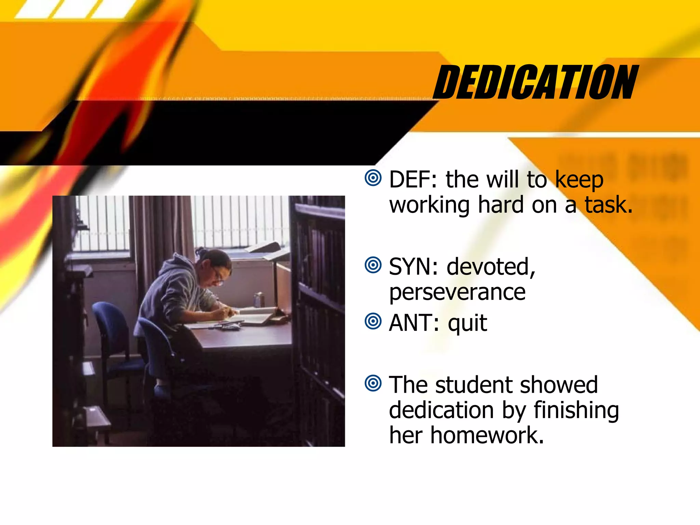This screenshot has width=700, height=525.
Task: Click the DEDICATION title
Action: pos(535,82)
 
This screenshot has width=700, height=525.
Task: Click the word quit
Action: pos(467,323)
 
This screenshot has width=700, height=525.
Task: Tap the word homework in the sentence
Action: pos(487,435)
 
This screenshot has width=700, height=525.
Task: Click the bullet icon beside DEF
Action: pos(373,178)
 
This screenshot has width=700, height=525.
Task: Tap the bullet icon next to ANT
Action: pos(373,321)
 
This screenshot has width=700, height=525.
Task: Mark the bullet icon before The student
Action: pos(373,383)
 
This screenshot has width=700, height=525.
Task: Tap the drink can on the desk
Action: pos(258,300)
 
